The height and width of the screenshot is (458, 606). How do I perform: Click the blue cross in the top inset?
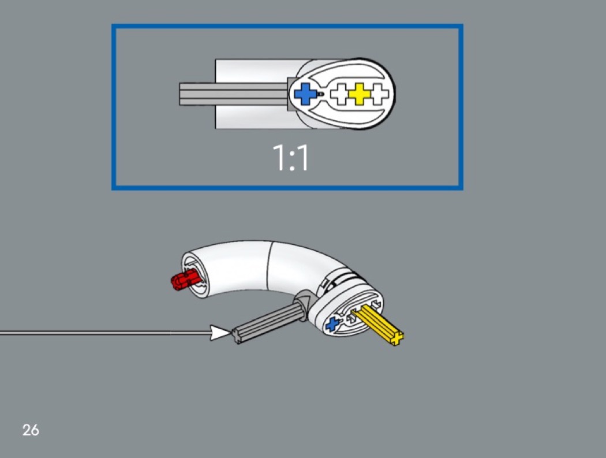(x=306, y=94)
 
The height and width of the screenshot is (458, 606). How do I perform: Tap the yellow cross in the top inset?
(x=359, y=94)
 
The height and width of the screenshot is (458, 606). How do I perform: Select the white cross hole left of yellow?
(x=341, y=94)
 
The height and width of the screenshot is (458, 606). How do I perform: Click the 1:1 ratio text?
(x=290, y=158)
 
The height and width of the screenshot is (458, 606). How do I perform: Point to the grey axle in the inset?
(x=231, y=94)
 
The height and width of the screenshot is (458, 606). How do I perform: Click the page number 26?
(x=31, y=430)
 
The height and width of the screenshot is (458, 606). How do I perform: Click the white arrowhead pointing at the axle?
(x=220, y=333)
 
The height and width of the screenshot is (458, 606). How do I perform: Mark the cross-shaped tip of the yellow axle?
(x=397, y=338)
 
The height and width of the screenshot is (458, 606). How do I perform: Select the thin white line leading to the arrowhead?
(x=104, y=333)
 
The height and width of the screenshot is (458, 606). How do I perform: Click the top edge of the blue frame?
(x=287, y=26)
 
